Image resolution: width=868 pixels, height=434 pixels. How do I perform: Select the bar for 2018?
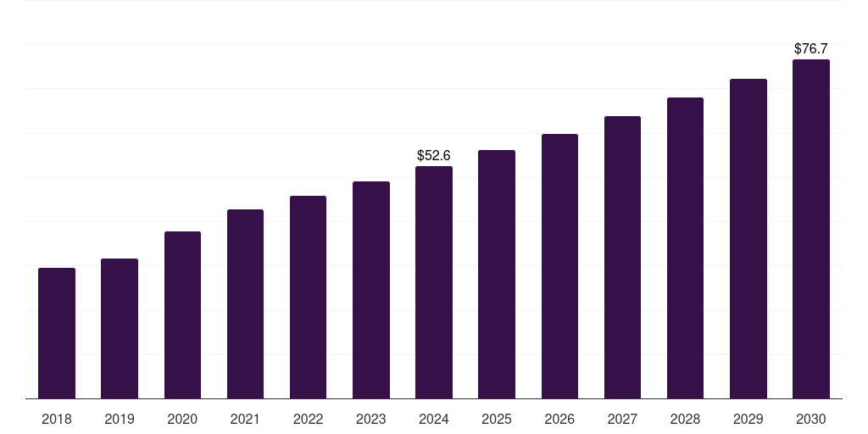[x=57, y=333]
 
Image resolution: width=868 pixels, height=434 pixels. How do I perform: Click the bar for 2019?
[x=120, y=329]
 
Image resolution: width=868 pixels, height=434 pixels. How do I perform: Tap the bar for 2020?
[x=182, y=315]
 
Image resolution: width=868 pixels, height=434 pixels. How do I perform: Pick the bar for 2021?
[x=245, y=304]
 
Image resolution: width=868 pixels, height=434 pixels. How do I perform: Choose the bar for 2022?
[x=308, y=298]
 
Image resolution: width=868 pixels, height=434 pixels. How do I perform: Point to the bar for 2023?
[x=371, y=290]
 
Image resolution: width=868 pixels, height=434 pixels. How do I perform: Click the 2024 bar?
[x=434, y=282]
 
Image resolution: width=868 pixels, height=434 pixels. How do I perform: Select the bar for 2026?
[x=559, y=266]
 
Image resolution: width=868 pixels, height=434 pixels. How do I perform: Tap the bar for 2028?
[x=685, y=248]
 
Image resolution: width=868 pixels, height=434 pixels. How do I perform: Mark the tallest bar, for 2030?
[x=811, y=229]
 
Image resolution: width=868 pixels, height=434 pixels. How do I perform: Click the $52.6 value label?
[x=434, y=156]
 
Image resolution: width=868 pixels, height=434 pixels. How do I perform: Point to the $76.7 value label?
[x=811, y=49]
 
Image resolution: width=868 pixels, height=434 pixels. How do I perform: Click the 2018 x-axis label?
[x=57, y=419]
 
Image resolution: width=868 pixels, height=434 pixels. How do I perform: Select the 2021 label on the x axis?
[x=245, y=419]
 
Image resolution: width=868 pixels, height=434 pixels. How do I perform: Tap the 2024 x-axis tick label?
[x=434, y=419]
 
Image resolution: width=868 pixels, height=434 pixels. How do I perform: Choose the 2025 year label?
[x=497, y=419]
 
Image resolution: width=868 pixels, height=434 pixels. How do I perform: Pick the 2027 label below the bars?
[x=622, y=419]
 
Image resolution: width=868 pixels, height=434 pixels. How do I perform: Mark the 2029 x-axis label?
[x=748, y=419]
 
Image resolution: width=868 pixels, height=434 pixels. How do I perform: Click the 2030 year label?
[x=811, y=419]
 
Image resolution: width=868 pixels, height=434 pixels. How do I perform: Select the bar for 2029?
[x=748, y=239]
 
